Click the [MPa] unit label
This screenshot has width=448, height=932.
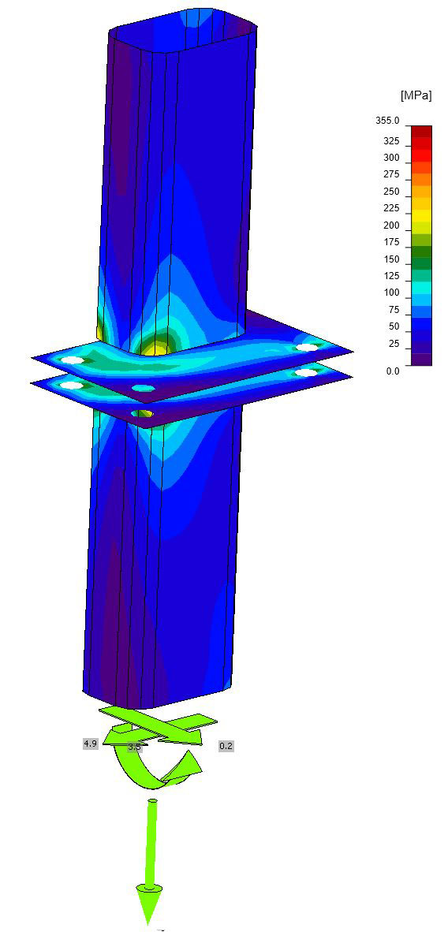[x=416, y=95]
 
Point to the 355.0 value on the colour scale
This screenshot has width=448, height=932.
[x=389, y=121]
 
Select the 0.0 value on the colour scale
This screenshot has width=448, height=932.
[x=394, y=371]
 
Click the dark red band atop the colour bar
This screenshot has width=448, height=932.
[x=420, y=132]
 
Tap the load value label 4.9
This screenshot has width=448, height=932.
[x=90, y=744]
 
